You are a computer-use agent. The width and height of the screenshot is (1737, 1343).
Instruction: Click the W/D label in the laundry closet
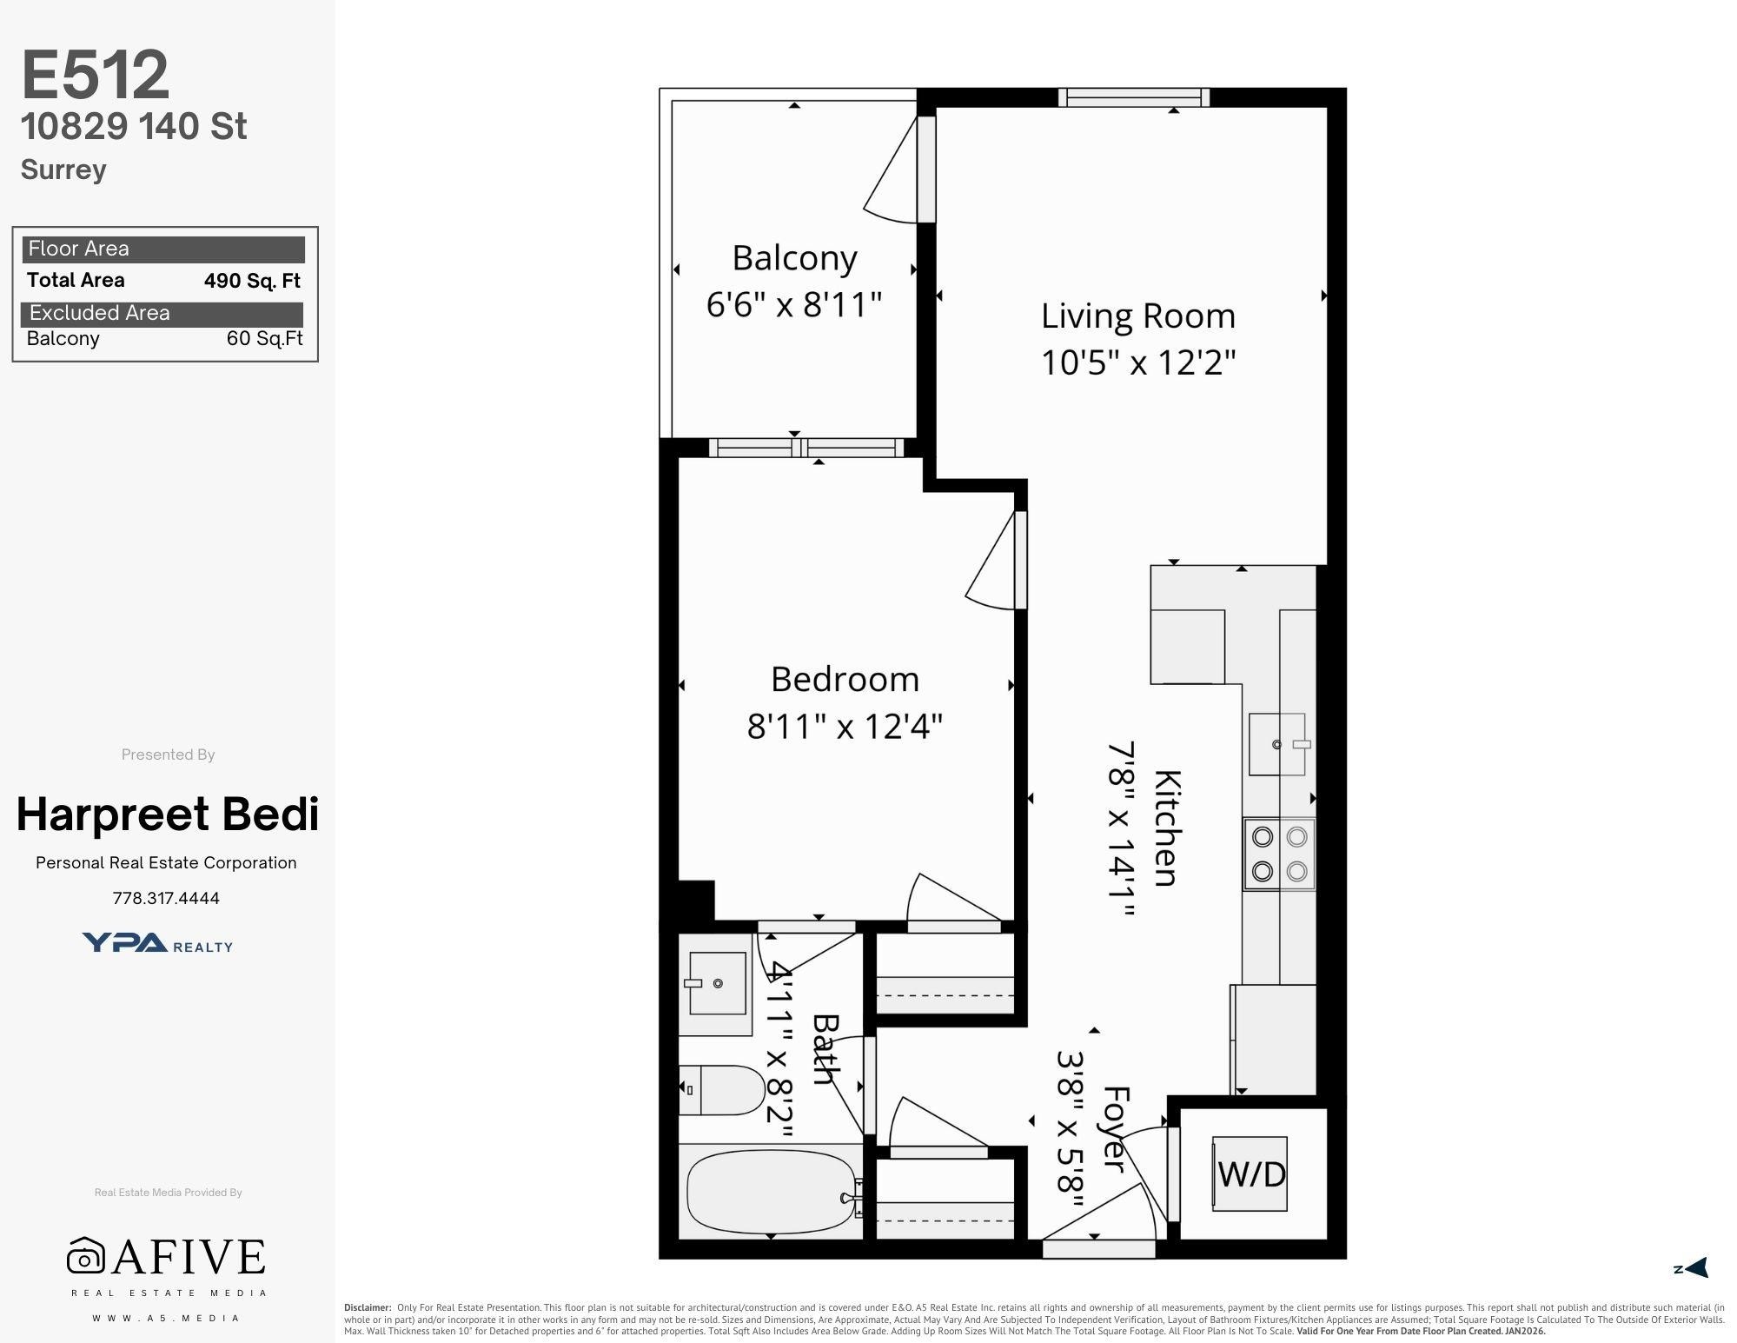[x=1251, y=1174]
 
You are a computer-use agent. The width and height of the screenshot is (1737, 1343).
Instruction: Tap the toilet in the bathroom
[x=722, y=1090]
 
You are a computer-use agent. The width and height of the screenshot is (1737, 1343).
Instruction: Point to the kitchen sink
[x=1278, y=744]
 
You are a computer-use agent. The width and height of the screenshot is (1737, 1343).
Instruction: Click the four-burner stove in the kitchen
[x=1279, y=854]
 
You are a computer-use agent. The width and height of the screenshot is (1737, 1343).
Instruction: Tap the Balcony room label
[x=794, y=258]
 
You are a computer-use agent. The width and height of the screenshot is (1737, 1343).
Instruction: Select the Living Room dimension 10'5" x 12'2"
[x=1138, y=362]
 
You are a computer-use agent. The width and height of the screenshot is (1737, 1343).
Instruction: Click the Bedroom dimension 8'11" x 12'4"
[x=845, y=726]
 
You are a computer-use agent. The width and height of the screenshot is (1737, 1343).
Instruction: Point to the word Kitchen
[x=1165, y=828]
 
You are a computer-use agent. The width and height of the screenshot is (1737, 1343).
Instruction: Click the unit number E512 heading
[x=95, y=75]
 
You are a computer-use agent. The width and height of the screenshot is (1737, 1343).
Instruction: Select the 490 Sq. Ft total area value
[x=252, y=281]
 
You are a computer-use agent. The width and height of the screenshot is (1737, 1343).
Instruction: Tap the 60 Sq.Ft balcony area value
[x=264, y=339]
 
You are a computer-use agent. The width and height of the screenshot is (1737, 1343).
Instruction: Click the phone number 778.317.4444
[x=166, y=899]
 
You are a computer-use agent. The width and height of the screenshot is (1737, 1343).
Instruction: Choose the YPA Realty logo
[x=157, y=943]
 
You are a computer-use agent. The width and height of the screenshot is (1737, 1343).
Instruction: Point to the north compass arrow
[x=1695, y=1268]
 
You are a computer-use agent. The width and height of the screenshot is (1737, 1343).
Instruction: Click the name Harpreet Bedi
[x=168, y=814]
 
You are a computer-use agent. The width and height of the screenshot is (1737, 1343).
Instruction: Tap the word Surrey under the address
[x=63, y=170]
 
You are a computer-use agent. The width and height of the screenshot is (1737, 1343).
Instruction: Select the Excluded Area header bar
[x=162, y=314]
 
